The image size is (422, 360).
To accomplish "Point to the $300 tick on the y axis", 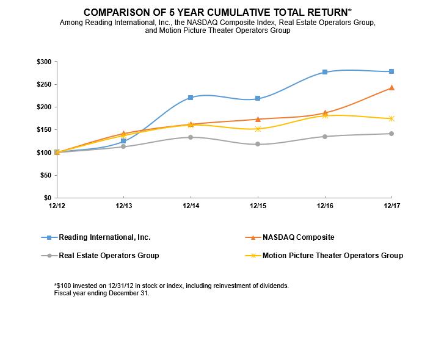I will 43,62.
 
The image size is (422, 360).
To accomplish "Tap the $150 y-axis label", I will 43,130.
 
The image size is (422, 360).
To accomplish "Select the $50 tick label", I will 45,175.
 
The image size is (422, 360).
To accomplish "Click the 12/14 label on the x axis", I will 191,206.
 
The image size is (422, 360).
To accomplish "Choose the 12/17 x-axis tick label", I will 391,206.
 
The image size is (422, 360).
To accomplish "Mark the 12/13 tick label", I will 124,206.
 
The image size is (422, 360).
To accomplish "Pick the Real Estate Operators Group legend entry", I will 109,256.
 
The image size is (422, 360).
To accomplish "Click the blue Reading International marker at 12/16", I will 324,72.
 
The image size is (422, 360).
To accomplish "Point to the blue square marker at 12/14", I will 191,98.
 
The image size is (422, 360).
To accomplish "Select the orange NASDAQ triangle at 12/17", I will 391,88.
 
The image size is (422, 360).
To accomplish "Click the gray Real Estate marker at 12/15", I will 258,144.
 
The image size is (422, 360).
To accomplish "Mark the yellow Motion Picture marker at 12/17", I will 391,118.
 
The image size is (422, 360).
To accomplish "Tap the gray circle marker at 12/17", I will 391,134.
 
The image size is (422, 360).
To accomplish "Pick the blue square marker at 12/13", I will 124,141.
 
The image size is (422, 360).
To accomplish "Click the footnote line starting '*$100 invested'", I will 171,286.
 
